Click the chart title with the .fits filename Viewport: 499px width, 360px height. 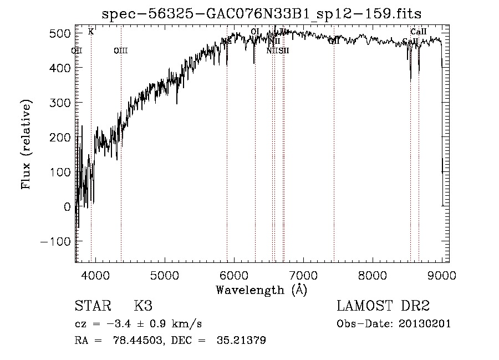[x=266, y=13]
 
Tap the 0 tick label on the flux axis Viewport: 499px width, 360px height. [x=67, y=207]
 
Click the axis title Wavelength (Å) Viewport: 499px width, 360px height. [x=261, y=290]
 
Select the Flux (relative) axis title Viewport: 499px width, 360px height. [x=26, y=144]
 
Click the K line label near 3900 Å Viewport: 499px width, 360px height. [x=91, y=32]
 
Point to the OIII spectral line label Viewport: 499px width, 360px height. [x=120, y=51]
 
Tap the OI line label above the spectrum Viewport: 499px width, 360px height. [x=255, y=32]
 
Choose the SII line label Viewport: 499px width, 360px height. [x=284, y=51]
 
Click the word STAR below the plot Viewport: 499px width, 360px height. [x=91, y=306]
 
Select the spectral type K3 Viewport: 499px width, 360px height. [x=143, y=306]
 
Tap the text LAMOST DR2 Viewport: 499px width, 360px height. [x=383, y=306]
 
